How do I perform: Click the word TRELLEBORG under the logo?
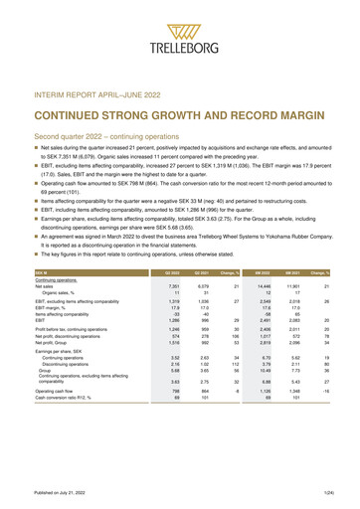point(180,46)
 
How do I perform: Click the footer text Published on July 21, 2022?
point(61,494)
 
